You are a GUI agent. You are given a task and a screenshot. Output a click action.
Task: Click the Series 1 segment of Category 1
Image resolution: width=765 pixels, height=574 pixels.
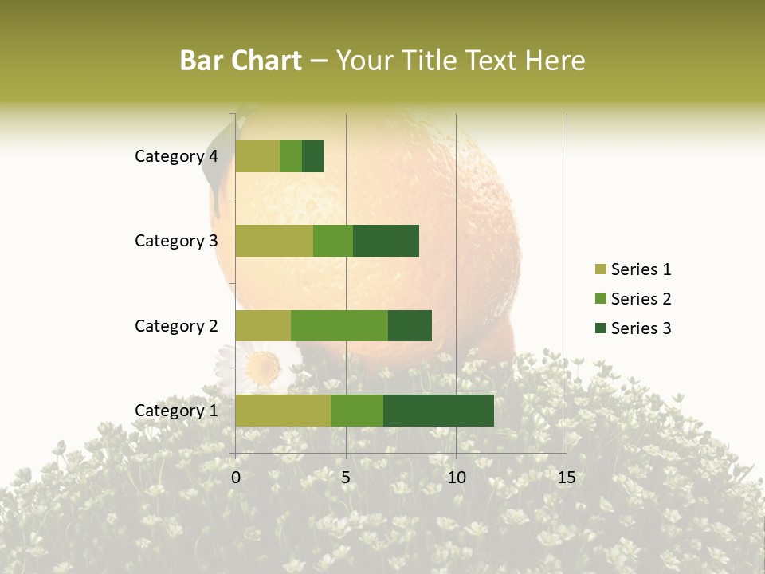coord(283,411)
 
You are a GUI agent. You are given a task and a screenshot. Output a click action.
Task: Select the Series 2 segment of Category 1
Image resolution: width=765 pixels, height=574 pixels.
coord(357,411)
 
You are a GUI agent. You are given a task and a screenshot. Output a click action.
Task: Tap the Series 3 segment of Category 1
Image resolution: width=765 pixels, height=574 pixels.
coord(438,411)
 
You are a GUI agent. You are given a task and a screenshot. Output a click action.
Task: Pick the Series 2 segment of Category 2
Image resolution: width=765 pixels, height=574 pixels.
coord(339,325)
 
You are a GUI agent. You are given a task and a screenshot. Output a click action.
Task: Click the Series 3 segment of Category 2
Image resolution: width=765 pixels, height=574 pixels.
coord(410,325)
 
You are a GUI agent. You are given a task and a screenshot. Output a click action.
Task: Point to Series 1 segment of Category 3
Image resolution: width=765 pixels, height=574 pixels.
coord(274,241)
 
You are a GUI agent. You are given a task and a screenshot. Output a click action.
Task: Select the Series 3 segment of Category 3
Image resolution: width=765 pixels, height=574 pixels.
coord(386,241)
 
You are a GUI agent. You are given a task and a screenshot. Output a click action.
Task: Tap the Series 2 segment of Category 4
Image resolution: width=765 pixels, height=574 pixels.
coord(291,156)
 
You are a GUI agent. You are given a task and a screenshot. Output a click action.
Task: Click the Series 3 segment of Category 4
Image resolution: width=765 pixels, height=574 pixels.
coord(313,156)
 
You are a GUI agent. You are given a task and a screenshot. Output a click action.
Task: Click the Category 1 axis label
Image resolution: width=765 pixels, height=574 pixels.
coord(176,411)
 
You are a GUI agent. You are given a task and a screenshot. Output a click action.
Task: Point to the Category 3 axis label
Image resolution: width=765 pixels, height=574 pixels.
coord(176,241)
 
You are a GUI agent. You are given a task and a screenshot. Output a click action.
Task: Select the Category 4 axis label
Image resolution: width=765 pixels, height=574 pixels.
coord(176,156)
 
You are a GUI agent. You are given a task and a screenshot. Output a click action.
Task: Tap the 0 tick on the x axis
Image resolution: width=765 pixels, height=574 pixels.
coord(236,478)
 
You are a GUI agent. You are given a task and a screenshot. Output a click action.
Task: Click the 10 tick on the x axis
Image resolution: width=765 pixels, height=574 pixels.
coord(456,478)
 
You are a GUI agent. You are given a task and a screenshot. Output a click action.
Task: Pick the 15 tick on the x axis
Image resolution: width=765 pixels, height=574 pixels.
coord(566,478)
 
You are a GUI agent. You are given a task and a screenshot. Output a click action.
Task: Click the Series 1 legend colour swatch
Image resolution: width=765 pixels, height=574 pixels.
coord(600,269)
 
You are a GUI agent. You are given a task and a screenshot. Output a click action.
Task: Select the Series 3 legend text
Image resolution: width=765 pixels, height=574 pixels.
coord(641,328)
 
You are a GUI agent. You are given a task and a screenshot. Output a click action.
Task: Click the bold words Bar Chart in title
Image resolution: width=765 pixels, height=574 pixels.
coord(241,61)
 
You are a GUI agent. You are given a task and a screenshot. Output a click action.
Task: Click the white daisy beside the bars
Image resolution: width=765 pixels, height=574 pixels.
coord(261,367)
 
